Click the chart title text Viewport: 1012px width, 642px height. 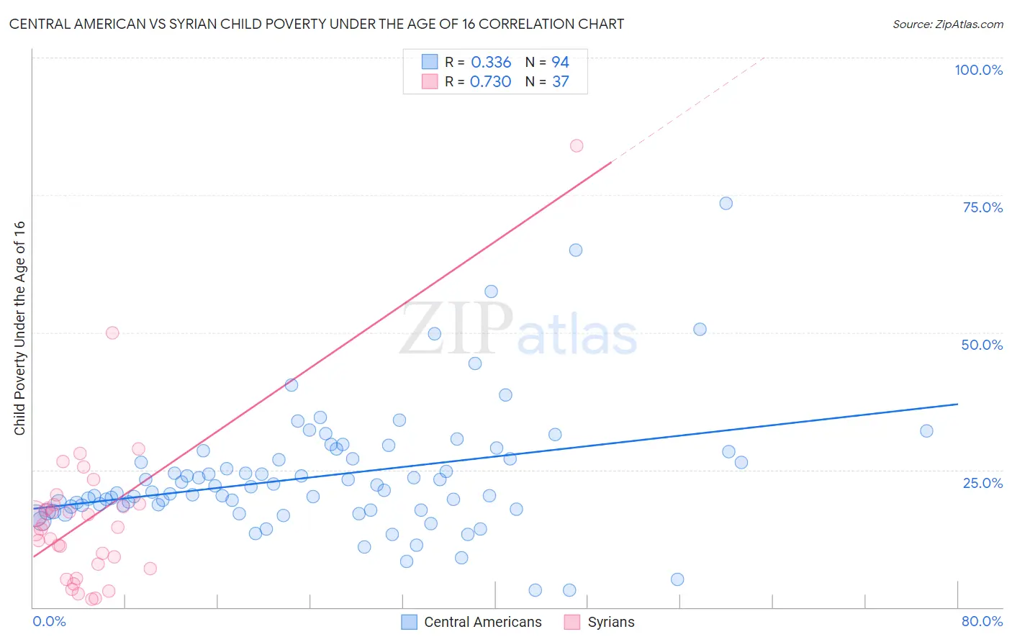coord(316,24)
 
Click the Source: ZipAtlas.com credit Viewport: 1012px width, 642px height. coord(947,24)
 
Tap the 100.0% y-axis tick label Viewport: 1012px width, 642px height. coord(978,70)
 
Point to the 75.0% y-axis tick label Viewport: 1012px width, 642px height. coord(982,207)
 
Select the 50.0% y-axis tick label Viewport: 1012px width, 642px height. coord(982,345)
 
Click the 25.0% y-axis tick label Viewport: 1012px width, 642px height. coord(982,482)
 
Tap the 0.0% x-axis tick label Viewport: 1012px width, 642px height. coord(49,621)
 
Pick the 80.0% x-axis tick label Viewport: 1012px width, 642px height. coord(982,621)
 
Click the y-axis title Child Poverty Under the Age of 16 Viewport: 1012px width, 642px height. coord(19,327)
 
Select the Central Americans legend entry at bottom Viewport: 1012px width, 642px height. coord(471,622)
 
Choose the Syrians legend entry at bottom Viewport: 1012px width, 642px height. coord(600,622)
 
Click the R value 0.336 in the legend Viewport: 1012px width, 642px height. coord(491,62)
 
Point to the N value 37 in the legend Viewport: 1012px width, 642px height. coord(561,81)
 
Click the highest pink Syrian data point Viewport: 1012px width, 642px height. coord(577,145)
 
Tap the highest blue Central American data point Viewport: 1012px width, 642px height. coord(726,203)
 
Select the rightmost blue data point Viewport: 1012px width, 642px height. coord(926,430)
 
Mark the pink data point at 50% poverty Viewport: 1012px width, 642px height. coord(112,333)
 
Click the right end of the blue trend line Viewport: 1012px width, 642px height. coord(957,404)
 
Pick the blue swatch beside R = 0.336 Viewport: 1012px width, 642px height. coord(430,62)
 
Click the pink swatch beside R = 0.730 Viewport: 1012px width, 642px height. coord(430,81)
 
